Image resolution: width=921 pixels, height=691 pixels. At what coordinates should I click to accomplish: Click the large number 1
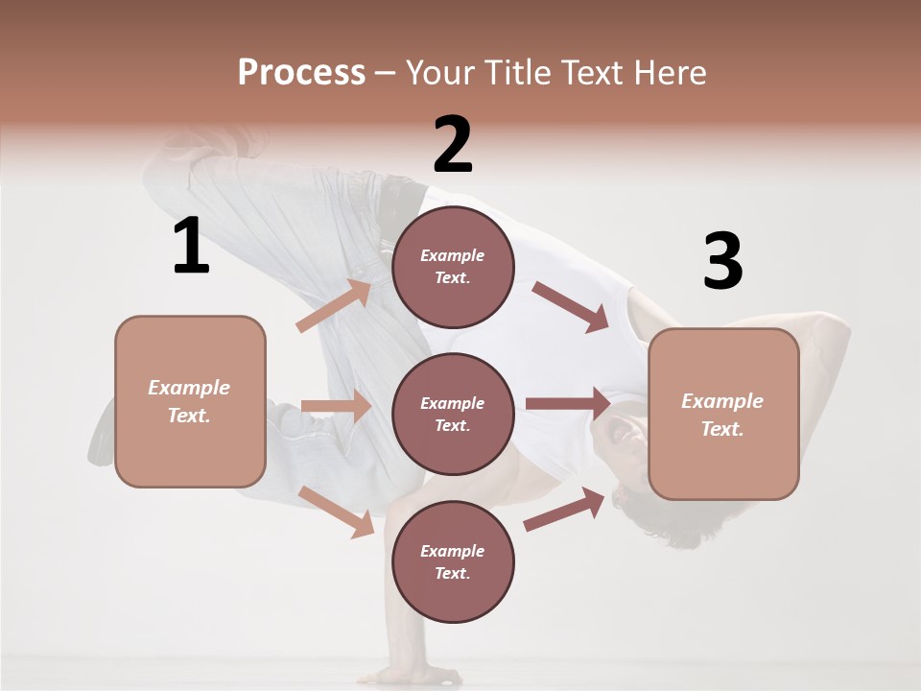(x=191, y=246)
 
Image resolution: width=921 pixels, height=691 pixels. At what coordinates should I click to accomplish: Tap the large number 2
(x=453, y=145)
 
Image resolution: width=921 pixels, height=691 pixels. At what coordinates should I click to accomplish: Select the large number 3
(x=722, y=261)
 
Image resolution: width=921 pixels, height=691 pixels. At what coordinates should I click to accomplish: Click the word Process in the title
(x=301, y=72)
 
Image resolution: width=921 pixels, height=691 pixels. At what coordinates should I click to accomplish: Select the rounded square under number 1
(x=190, y=401)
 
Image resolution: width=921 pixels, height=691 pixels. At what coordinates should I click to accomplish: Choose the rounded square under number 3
(x=723, y=414)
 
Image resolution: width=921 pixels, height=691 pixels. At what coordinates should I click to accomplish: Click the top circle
(x=453, y=267)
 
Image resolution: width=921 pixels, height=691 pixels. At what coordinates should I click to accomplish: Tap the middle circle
(x=453, y=414)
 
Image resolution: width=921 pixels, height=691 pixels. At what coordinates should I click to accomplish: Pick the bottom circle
(x=453, y=561)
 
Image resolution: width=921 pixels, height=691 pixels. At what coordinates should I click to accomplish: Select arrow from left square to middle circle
(x=336, y=406)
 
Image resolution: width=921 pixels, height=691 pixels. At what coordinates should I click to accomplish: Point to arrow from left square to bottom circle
(x=337, y=512)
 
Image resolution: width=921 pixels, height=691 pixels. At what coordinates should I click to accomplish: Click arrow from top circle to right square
(x=571, y=307)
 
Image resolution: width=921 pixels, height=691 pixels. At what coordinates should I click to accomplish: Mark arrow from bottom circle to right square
(x=565, y=509)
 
